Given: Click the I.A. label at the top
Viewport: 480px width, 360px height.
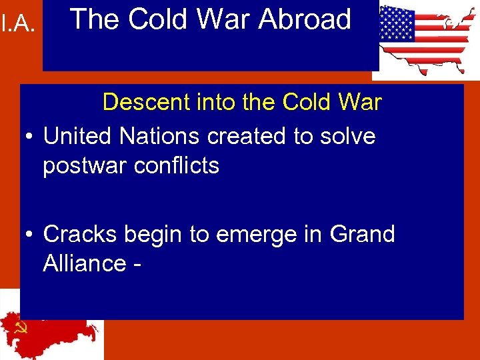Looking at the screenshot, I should (19, 25).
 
